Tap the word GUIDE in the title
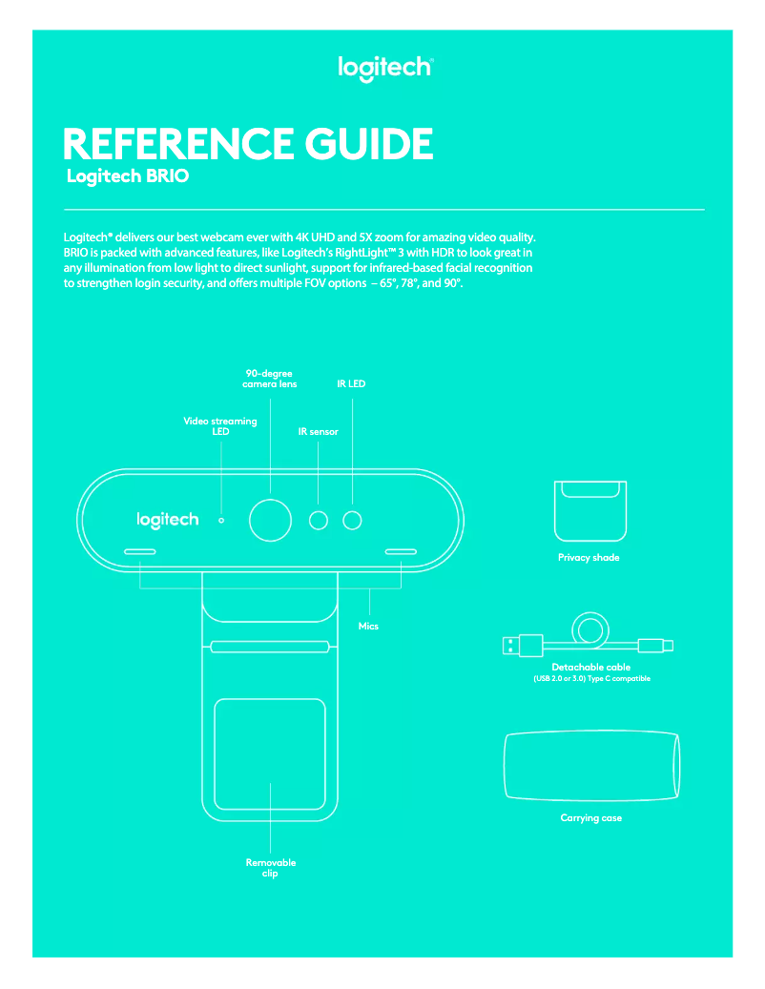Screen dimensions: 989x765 click(x=369, y=144)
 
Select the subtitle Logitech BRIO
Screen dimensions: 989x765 click(x=127, y=177)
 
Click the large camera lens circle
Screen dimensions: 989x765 click(x=270, y=519)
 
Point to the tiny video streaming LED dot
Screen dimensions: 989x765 click(x=221, y=521)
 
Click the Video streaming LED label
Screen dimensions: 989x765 click(x=220, y=425)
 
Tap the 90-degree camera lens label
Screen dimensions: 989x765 click(x=269, y=379)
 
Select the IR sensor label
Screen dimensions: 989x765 click(x=319, y=432)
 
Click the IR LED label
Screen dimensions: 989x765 click(x=351, y=384)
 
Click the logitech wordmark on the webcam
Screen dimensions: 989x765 click(x=168, y=520)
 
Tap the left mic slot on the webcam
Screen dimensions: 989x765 click(x=140, y=551)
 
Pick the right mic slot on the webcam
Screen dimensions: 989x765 click(x=401, y=551)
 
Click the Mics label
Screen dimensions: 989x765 click(x=368, y=626)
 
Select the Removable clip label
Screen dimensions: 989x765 click(x=271, y=867)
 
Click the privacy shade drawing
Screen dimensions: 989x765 click(x=590, y=509)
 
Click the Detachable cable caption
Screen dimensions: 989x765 click(x=591, y=668)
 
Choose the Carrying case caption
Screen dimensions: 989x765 click(x=591, y=818)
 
